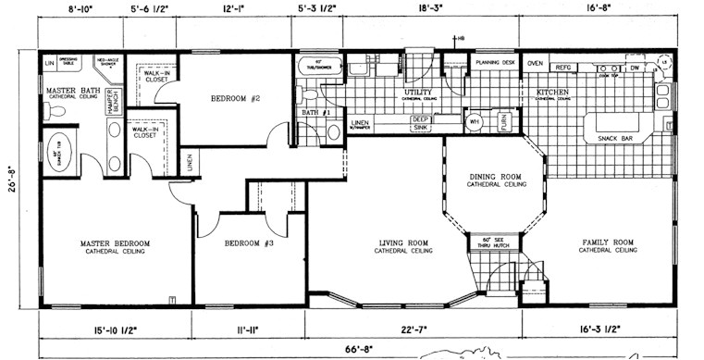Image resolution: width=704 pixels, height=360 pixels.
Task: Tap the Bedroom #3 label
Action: pos(249,244)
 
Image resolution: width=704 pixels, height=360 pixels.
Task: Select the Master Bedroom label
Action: pos(110,244)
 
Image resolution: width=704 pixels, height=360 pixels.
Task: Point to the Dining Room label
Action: pos(496,177)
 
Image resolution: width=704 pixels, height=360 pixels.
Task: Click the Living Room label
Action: pos(403,244)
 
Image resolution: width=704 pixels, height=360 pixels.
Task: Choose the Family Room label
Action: pos(608,242)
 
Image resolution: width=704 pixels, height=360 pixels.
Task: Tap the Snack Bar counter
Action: pos(614,139)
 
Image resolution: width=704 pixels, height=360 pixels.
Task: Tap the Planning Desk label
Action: pos(494,62)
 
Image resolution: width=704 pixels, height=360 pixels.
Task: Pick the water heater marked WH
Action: pos(475,120)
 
